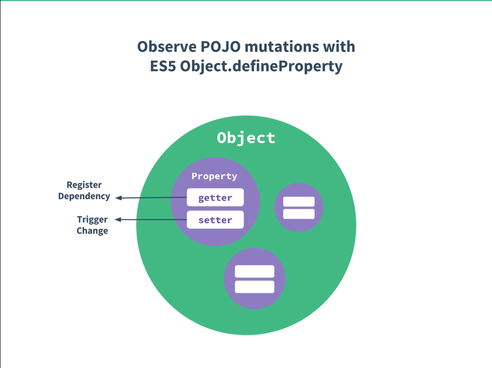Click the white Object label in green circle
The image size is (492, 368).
(x=246, y=138)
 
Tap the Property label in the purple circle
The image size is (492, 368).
(x=214, y=176)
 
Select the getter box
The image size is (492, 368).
(x=215, y=197)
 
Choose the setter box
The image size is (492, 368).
(x=215, y=220)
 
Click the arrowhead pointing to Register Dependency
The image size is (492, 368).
(x=118, y=198)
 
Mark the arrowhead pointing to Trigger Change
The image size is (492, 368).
(x=117, y=220)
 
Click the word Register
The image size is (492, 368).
(x=84, y=185)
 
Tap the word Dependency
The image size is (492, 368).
(x=84, y=196)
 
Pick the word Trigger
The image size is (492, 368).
(x=93, y=220)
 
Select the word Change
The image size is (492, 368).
(x=93, y=231)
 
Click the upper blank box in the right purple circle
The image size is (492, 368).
(x=299, y=202)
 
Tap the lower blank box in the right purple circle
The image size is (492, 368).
(x=299, y=214)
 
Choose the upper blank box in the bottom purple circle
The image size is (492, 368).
(x=254, y=272)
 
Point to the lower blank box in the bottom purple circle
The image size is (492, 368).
(x=254, y=287)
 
